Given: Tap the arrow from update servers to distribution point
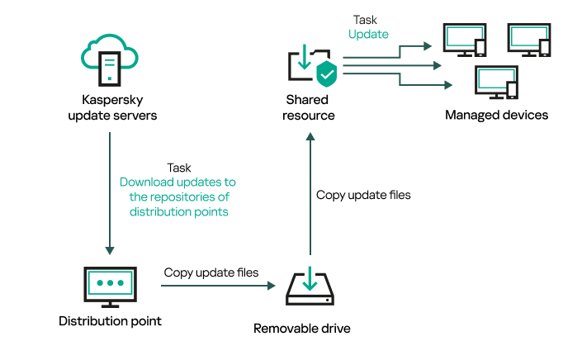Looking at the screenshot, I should [x=110, y=190].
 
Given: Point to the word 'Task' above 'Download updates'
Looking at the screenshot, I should [x=179, y=167].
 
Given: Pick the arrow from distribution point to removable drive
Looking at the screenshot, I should [x=217, y=287].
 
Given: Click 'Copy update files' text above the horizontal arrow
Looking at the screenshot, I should [x=211, y=272].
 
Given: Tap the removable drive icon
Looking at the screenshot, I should [x=310, y=288].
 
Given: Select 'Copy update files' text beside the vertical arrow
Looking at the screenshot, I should [x=363, y=196].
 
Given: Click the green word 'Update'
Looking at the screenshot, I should [x=368, y=34].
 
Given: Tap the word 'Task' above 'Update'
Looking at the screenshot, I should [x=365, y=19].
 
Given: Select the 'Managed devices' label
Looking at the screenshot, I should [x=496, y=115].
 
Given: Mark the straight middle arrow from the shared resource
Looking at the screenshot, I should [x=396, y=64].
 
